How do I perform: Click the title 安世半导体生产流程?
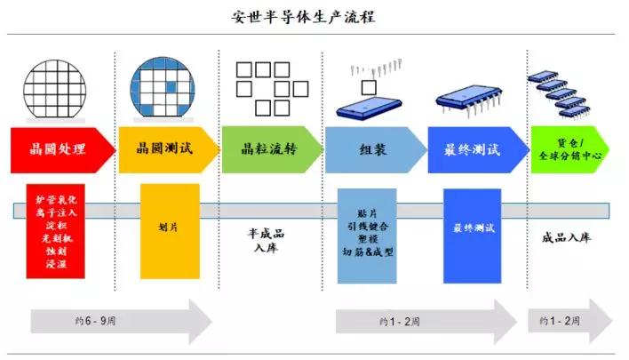tap(314, 16)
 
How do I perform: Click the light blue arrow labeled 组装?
tap(373, 148)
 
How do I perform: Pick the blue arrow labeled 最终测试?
tap(476, 148)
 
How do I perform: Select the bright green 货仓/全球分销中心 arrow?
tap(569, 148)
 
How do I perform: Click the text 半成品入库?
tap(266, 240)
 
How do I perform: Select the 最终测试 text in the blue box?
tap(472, 228)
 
